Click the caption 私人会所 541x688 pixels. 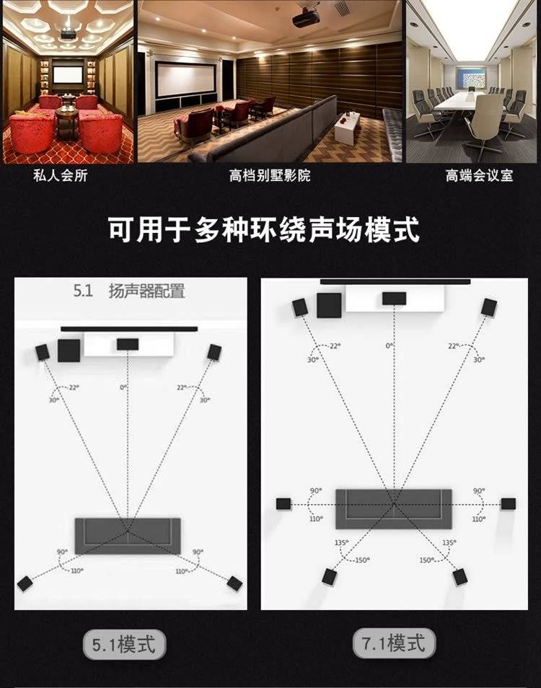coord(61,175)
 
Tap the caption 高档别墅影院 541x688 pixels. coord(270,175)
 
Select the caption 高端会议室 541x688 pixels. coord(479,175)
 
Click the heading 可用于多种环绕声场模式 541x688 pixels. coord(264,229)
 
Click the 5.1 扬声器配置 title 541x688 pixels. coord(129,291)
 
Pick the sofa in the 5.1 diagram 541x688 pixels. coord(128,536)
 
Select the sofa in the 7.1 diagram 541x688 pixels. coord(394,508)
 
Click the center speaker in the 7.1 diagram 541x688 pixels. coord(394,299)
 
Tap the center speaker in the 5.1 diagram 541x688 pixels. coord(128,345)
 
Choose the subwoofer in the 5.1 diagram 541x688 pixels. coord(69,350)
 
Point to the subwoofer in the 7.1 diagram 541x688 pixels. coord(329,305)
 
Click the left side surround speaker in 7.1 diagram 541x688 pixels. coord(283,503)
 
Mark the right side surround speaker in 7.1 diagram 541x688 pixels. coord(508,503)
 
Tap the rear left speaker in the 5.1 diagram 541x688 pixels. coord(25,583)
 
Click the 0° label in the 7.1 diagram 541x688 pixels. coord(390,345)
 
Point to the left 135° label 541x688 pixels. coord(341,543)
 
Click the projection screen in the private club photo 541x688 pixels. coord(68,74)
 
